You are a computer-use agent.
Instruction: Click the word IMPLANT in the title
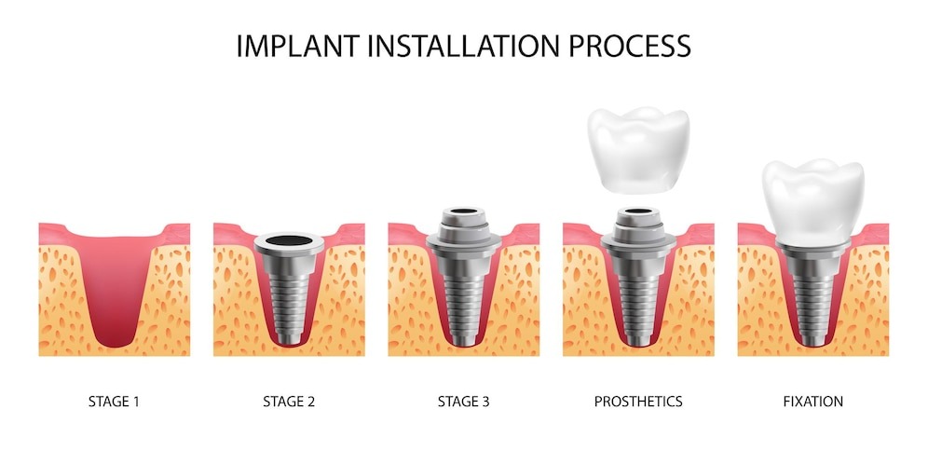[298, 47]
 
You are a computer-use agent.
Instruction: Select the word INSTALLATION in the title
[464, 47]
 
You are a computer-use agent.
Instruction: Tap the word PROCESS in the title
[630, 47]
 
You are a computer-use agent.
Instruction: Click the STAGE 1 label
[115, 402]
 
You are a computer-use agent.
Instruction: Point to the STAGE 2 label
[289, 402]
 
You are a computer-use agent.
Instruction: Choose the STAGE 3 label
[463, 402]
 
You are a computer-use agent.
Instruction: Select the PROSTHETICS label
[638, 402]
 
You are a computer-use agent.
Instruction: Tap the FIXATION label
[813, 402]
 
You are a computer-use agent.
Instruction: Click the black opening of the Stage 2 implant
[289, 240]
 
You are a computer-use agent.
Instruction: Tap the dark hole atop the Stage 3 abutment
[464, 211]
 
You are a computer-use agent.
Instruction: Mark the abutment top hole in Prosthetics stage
[638, 211]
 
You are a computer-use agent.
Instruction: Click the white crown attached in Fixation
[813, 202]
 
